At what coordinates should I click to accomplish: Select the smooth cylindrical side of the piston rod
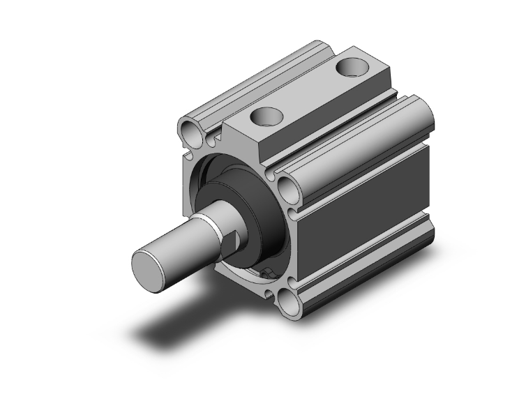click(181, 244)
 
